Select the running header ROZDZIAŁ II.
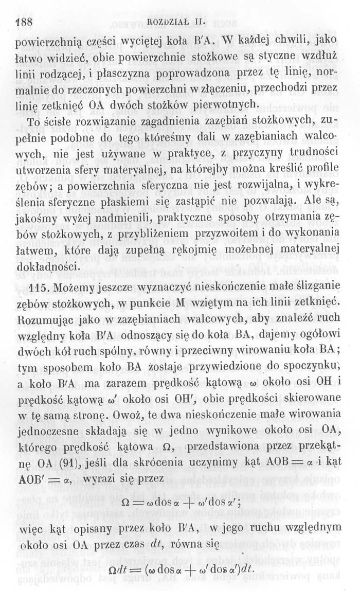click(180, 22)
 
